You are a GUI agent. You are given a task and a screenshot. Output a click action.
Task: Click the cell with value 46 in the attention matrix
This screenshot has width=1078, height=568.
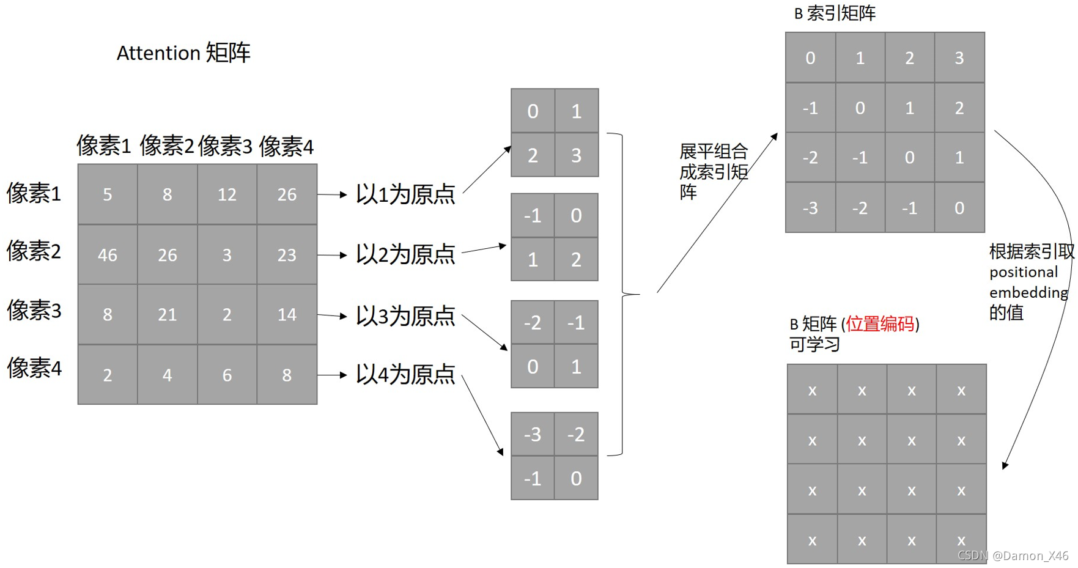coord(108,254)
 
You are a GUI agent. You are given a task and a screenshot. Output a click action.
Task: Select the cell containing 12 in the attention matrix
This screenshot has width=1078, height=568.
coord(227,194)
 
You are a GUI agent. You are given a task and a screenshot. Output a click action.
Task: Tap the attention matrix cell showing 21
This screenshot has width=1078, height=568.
coord(167,314)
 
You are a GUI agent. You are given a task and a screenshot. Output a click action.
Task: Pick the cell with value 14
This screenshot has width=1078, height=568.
coord(287,314)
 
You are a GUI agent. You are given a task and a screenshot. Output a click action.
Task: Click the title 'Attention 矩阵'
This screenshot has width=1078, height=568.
coord(183,53)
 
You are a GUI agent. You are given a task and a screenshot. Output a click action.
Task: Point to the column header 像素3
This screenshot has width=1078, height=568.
coord(225,147)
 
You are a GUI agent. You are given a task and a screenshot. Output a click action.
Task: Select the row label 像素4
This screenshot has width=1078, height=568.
coord(34,368)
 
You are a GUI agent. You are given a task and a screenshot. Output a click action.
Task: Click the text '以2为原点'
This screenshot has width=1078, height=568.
coord(405,254)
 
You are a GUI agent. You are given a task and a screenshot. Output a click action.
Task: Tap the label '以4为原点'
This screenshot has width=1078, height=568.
coord(405,374)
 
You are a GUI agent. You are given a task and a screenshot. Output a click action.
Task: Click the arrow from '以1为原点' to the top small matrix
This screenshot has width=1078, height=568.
coord(487,169)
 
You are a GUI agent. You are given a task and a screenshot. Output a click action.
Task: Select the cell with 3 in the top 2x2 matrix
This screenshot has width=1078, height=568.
coord(576,155)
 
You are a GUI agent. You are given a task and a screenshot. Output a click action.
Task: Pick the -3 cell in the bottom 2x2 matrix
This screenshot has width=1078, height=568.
coord(533,434)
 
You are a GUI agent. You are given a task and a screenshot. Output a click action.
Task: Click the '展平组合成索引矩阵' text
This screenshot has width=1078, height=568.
coord(713,171)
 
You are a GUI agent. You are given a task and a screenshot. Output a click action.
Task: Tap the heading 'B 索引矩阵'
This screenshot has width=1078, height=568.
coord(835,13)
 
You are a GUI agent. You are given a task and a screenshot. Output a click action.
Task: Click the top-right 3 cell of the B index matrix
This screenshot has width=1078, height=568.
coord(959,58)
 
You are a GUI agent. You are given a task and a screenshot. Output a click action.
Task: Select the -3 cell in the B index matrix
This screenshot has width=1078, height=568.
coord(810,208)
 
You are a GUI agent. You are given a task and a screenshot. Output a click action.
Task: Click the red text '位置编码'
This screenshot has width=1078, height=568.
coord(880,323)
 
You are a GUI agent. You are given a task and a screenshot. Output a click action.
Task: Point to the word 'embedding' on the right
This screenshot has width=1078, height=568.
coord(1028,292)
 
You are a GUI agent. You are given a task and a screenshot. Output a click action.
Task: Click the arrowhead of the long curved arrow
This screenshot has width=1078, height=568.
coord(1005,465)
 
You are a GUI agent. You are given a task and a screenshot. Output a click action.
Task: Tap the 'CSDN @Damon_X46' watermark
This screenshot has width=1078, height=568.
coord(1013,555)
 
